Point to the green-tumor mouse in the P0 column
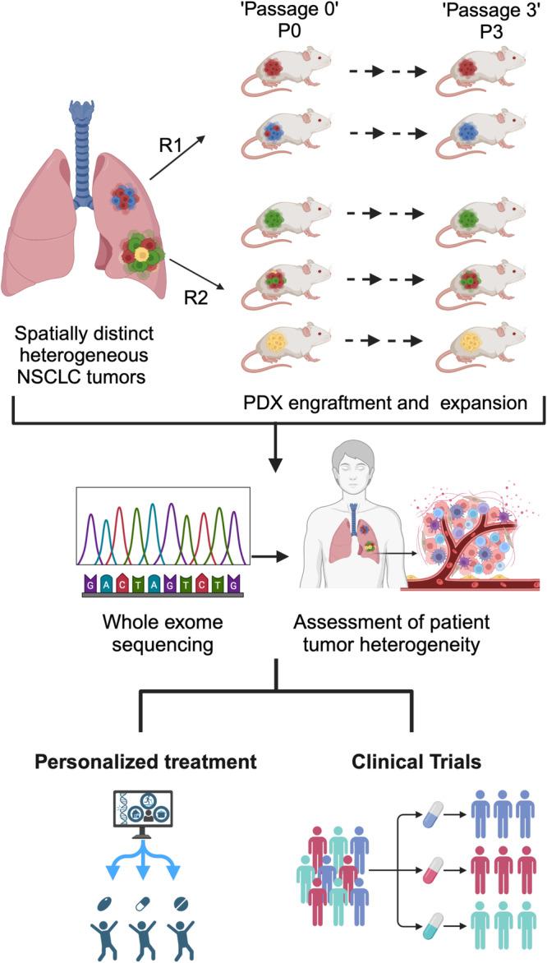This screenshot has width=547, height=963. tap(283, 220)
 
